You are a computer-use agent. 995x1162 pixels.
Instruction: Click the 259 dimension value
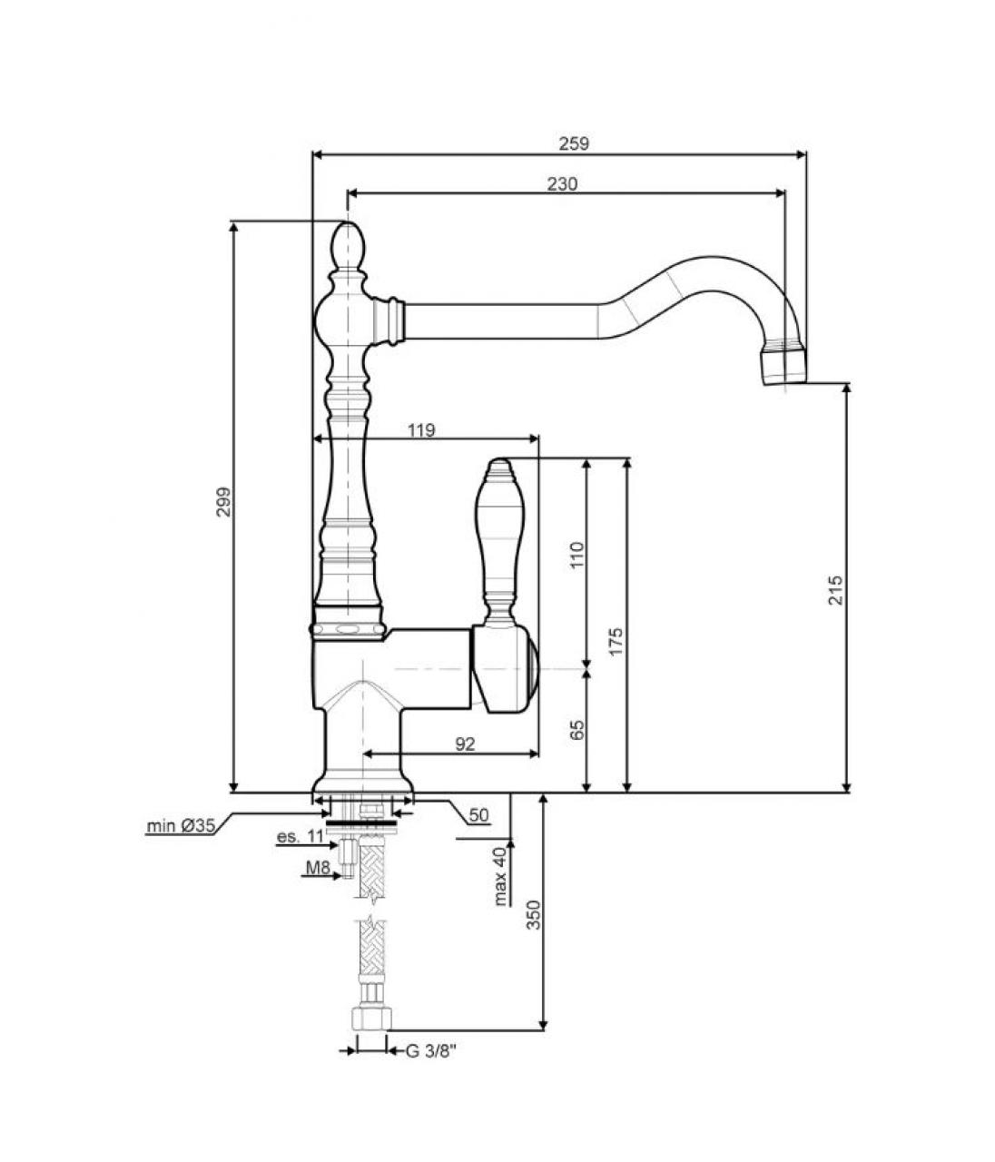tap(574, 144)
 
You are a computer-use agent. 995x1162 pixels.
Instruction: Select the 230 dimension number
tap(562, 183)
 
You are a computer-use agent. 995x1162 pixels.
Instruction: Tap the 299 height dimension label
tap(223, 501)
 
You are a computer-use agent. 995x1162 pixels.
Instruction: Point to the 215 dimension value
tap(836, 589)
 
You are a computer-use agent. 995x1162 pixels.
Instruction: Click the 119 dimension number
tap(421, 430)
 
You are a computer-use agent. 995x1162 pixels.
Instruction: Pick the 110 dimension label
tap(576, 555)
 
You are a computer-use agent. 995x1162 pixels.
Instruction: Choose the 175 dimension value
tap(616, 641)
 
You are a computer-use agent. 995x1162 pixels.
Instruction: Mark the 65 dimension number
tap(576, 730)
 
